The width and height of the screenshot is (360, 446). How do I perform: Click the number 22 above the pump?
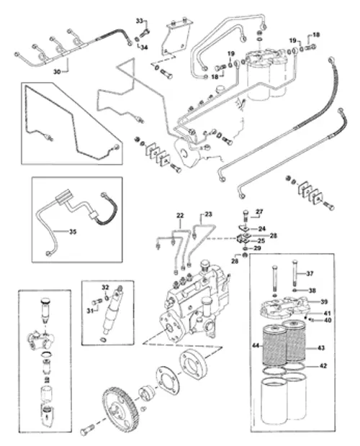(180, 214)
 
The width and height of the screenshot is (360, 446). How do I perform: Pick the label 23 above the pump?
(208, 214)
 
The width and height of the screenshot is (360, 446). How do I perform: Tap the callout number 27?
(260, 212)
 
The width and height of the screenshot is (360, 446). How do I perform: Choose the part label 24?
(262, 229)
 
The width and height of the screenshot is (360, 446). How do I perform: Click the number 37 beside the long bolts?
(310, 273)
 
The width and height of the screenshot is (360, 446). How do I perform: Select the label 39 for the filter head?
(324, 301)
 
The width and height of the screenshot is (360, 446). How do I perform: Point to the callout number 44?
(255, 346)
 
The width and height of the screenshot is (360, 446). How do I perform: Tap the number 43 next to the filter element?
(321, 348)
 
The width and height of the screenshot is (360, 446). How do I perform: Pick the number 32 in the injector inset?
(104, 287)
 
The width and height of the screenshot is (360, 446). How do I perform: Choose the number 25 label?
(262, 240)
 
